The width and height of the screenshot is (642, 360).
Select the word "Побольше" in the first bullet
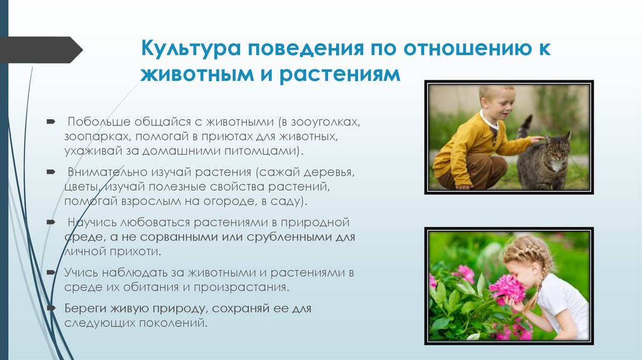pyautogui.click(x=95, y=120)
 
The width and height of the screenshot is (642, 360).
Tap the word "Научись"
pyautogui.click(x=90, y=223)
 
